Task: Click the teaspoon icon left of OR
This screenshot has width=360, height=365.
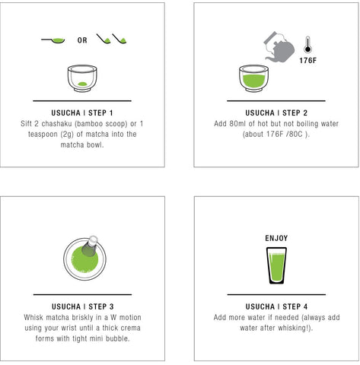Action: [x=54, y=40]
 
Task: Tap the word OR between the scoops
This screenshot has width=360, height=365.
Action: [x=82, y=40]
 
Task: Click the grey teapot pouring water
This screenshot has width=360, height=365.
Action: [x=279, y=47]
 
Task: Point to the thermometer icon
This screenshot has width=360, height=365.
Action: [x=307, y=45]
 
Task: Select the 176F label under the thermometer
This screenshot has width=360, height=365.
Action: [x=307, y=61]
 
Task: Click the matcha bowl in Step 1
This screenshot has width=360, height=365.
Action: [x=82, y=78]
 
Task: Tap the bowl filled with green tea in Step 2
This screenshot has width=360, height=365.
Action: [x=253, y=78]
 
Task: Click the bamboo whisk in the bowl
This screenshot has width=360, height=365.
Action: [x=90, y=246]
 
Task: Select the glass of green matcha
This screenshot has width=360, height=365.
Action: [x=276, y=265]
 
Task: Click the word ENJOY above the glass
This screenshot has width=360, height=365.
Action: [x=276, y=238]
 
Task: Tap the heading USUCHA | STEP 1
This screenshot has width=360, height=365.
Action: [x=82, y=113]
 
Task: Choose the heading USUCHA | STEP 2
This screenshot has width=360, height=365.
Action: [x=276, y=113]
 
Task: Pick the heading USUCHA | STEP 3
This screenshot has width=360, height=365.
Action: [x=83, y=306]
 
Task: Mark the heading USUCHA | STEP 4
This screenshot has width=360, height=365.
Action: [x=276, y=306]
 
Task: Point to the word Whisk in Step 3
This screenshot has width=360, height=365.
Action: [x=33, y=317]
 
